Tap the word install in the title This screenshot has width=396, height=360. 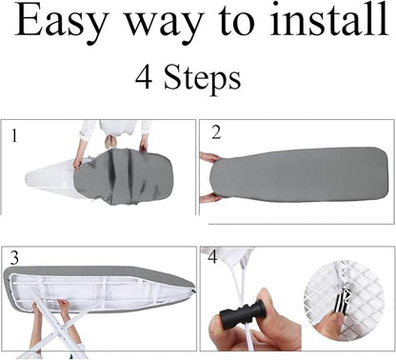(329, 18)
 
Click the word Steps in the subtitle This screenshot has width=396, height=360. (202, 78)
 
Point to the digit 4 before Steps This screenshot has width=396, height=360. (144, 77)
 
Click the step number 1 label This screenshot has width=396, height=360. (13, 136)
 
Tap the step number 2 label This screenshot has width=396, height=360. (216, 132)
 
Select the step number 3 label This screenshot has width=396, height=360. (14, 258)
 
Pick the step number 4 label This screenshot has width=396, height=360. (212, 256)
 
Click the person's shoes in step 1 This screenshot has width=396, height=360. (110, 142)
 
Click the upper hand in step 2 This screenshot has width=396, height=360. (209, 157)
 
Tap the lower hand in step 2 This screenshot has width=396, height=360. (210, 198)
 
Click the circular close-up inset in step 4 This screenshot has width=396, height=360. (344, 301)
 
